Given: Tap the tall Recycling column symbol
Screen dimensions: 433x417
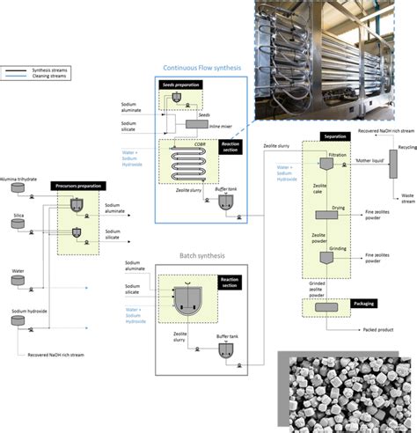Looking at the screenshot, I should click(x=392, y=162).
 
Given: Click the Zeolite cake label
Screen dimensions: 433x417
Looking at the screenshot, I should click(x=320, y=190).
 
